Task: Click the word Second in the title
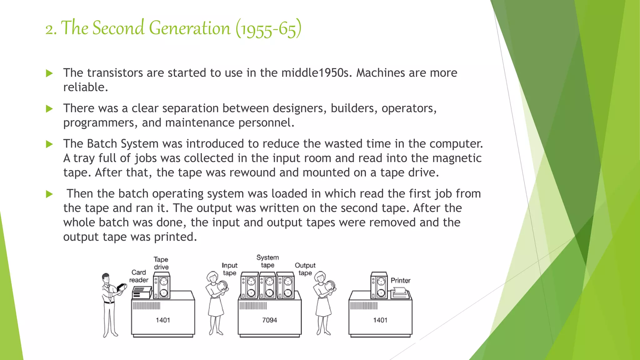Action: [119, 28]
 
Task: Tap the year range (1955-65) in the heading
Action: [268, 29]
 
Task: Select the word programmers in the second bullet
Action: [100, 123]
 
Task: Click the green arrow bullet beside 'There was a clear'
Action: [49, 109]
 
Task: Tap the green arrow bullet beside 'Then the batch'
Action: [49, 194]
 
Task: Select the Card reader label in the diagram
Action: [138, 276]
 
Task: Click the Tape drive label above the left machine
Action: [161, 263]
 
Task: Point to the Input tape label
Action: [229, 269]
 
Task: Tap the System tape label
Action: [267, 261]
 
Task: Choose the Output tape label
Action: [305, 269]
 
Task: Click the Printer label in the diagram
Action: [400, 280]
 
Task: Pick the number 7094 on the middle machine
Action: [269, 320]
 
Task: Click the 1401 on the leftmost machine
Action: [163, 320]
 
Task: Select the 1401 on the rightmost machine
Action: [380, 320]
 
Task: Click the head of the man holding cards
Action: [106, 277]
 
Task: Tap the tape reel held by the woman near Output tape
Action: [330, 286]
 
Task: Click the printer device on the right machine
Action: [400, 293]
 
